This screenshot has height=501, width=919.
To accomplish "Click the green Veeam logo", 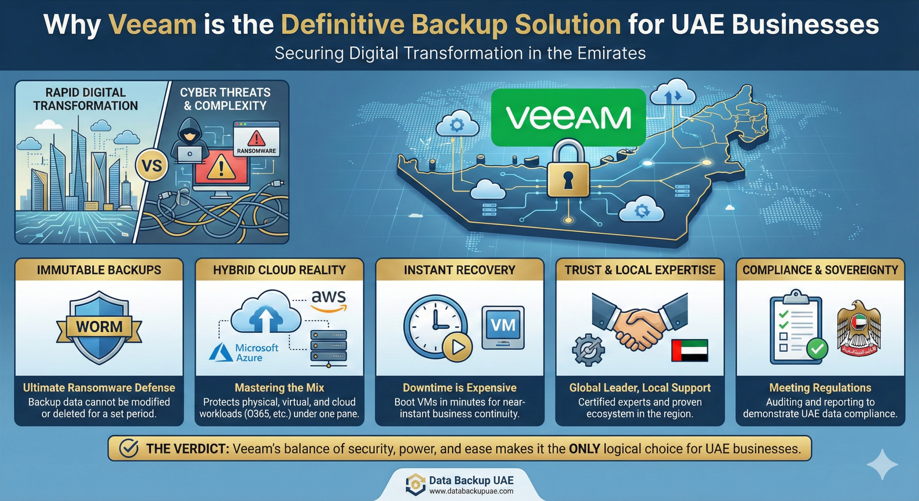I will coord(568,118).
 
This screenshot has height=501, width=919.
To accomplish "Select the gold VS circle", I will coord(151,166).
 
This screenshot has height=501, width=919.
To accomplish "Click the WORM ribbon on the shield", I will coord(99,327).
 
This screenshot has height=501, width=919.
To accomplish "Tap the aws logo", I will coord(328,300).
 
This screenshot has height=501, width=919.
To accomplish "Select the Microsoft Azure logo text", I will coord(256,352).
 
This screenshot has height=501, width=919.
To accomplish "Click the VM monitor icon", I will coord(503,327).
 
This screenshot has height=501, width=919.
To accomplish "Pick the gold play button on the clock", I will coord(457,347).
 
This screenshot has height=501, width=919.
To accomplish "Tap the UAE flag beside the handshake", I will coord(690,350).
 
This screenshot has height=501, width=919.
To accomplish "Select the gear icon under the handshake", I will coord(588,350).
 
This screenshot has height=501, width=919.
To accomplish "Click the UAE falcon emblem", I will coord(859,328).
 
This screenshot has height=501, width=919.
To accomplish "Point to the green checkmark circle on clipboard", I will coord(817,348).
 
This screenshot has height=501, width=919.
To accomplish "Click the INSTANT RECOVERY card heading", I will coord(459,270).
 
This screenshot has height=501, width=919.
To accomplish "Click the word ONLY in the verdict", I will coord(584,449).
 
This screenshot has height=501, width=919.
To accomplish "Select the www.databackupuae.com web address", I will coord(471,491).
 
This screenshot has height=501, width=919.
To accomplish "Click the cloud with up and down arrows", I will coord(673,94).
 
